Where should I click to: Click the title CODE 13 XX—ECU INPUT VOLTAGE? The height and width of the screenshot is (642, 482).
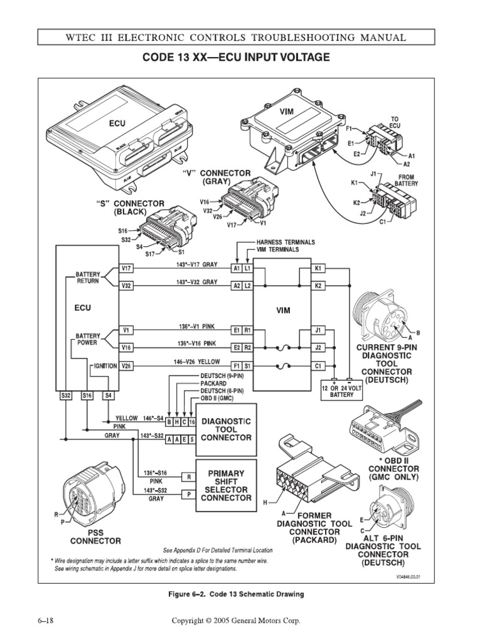tap(241, 58)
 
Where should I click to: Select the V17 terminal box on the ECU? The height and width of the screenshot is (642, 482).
tap(126, 269)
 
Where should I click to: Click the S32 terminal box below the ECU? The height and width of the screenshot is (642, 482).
tap(66, 396)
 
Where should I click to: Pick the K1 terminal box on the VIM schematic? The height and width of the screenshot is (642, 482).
tap(318, 269)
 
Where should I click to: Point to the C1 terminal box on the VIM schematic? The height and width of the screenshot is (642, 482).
tap(318, 366)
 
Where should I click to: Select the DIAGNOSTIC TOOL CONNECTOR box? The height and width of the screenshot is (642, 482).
tap(226, 429)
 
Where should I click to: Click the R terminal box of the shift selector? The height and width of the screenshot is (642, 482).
tap(188, 477)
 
